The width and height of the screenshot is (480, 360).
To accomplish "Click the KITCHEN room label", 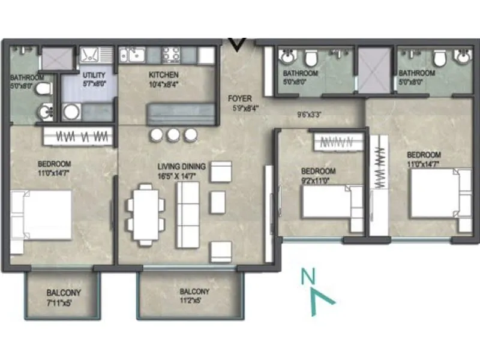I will pyautogui.click(x=164, y=76).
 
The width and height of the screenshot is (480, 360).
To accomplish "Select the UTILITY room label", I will pyautogui.click(x=94, y=76).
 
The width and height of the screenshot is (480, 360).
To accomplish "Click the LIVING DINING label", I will pyautogui.click(x=181, y=166).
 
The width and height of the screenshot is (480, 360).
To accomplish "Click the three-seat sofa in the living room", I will pyautogui.click(x=187, y=214).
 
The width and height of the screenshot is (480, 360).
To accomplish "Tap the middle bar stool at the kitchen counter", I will pyautogui.click(x=173, y=135).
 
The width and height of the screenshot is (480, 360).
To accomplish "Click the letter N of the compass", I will pyautogui.click(x=308, y=277).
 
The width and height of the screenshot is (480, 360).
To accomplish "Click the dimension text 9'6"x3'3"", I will pyautogui.click(x=310, y=114).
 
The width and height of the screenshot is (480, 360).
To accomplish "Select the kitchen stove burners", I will pyautogui.click(x=171, y=55).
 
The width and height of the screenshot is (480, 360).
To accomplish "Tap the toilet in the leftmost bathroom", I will pyautogui.click(x=42, y=90).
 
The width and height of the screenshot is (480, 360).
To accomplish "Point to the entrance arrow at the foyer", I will pyautogui.click(x=238, y=44).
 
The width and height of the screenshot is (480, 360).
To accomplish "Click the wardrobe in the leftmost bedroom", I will pyautogui.click(x=78, y=136).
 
